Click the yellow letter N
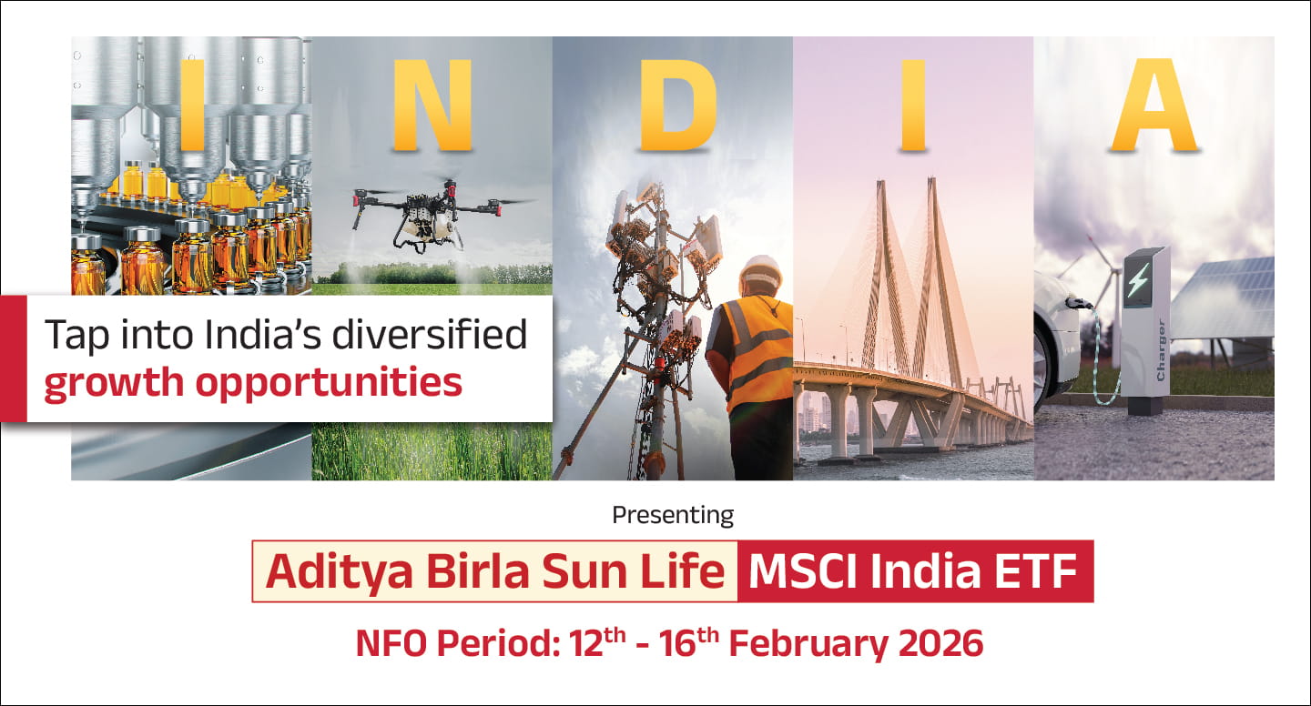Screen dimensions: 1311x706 [x=432, y=106]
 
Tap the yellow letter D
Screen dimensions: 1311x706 [x=677, y=106]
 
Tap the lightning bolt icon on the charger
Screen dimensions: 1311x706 [x=1138, y=279]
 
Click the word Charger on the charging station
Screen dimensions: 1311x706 [x=1161, y=349]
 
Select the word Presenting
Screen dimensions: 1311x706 [x=673, y=515]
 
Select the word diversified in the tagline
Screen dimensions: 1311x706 [x=430, y=334]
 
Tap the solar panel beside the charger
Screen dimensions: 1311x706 [x=1225, y=298]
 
